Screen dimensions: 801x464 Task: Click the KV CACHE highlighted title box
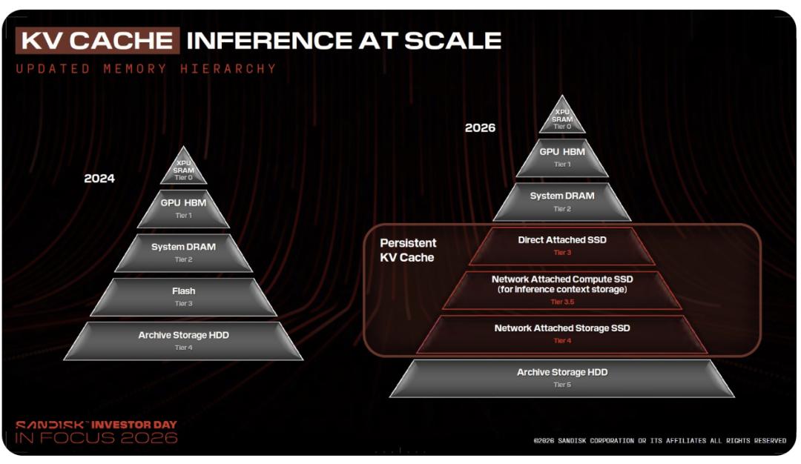tap(98, 40)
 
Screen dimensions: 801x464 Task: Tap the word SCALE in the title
tap(452, 41)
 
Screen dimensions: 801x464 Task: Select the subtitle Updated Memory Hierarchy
tap(146, 69)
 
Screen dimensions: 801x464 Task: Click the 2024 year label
tap(99, 179)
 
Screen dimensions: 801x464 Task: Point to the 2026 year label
tap(480, 127)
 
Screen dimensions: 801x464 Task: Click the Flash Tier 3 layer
tap(183, 296)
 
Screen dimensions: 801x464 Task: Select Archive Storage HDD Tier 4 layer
tap(183, 340)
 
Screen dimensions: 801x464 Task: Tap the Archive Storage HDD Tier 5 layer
tap(562, 378)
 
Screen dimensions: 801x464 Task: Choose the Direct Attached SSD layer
tap(562, 246)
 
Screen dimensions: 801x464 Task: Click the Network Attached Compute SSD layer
tap(562, 290)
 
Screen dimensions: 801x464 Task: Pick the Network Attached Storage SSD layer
tap(562, 334)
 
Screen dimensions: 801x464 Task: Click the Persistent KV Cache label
tap(408, 250)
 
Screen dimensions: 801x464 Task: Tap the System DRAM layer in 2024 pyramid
tap(183, 253)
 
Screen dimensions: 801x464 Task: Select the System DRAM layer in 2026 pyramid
tap(562, 202)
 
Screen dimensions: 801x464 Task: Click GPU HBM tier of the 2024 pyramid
tap(183, 208)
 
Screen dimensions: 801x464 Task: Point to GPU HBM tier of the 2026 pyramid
tap(562, 158)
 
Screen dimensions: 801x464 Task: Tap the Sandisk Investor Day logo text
tap(96, 432)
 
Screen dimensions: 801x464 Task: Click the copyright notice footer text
tap(659, 440)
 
